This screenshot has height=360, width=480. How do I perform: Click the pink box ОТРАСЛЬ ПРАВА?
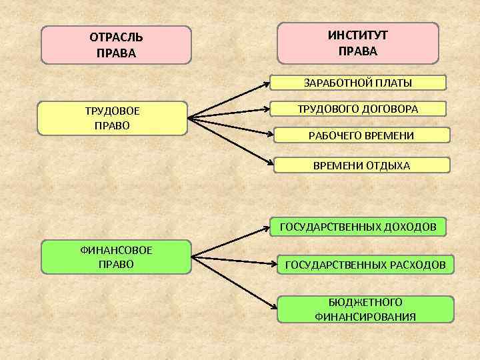(116, 44)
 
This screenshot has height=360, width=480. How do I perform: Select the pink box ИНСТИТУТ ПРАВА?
(358, 43)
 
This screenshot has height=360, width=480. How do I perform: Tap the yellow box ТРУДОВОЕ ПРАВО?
(112, 118)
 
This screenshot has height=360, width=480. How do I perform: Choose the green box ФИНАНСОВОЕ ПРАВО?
(117, 257)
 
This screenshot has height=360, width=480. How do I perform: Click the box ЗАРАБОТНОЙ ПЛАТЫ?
(358, 83)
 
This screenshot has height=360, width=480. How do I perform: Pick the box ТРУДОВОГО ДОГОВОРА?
(358, 109)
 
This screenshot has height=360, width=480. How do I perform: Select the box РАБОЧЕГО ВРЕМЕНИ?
(361, 135)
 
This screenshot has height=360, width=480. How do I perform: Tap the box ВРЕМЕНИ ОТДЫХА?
(362, 165)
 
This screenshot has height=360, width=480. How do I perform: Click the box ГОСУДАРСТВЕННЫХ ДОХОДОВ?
(358, 227)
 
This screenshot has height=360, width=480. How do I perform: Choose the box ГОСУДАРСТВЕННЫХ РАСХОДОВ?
(365, 265)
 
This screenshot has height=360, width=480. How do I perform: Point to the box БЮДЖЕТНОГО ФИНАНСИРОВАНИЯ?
(365, 309)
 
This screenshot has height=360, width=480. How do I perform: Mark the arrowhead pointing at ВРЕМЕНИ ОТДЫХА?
(271, 160)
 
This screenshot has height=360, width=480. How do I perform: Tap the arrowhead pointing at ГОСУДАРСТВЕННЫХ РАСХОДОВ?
(273, 262)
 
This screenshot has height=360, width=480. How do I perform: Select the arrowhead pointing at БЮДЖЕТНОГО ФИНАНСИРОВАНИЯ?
(274, 307)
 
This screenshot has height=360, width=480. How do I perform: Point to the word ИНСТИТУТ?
(358, 35)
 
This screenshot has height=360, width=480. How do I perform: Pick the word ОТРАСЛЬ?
(116, 37)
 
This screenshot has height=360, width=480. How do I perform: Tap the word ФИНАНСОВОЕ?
(116, 250)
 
